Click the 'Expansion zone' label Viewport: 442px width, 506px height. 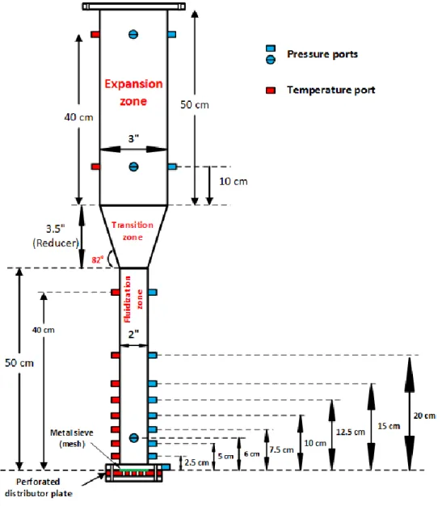(x=133, y=92)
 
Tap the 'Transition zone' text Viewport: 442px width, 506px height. (x=133, y=231)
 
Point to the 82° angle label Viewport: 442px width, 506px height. (x=98, y=259)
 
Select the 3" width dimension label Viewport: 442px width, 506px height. (x=133, y=139)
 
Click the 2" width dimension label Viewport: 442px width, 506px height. (x=133, y=334)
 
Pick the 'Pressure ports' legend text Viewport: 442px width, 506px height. (x=322, y=54)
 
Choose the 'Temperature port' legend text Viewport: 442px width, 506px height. (x=331, y=90)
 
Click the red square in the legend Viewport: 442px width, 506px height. (x=271, y=90)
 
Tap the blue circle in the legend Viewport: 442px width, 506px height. (x=271, y=60)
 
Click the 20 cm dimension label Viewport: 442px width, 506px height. (x=424, y=415)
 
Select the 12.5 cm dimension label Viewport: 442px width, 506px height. (x=351, y=432)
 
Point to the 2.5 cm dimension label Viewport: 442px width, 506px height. (x=196, y=462)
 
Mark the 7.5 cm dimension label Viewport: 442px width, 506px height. (x=281, y=449)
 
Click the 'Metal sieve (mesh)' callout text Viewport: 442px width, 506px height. (x=72, y=438)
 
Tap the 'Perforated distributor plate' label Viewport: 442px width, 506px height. (x=39, y=487)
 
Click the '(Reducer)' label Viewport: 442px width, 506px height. (x=56, y=242)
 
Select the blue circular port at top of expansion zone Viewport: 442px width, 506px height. (x=133, y=34)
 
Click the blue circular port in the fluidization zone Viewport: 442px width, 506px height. (x=133, y=438)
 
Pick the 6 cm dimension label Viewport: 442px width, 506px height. (x=251, y=454)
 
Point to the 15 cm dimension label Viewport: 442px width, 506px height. (x=389, y=426)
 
